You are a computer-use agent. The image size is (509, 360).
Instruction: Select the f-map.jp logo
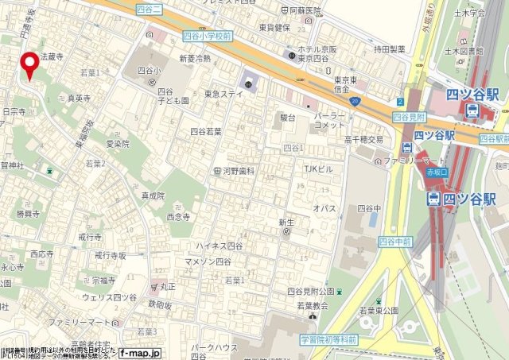[141, 352]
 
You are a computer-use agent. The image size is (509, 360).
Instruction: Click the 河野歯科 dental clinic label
[239, 171]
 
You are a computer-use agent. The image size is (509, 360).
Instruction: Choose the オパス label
[324, 208]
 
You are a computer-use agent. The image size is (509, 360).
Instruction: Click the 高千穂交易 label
[363, 140]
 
